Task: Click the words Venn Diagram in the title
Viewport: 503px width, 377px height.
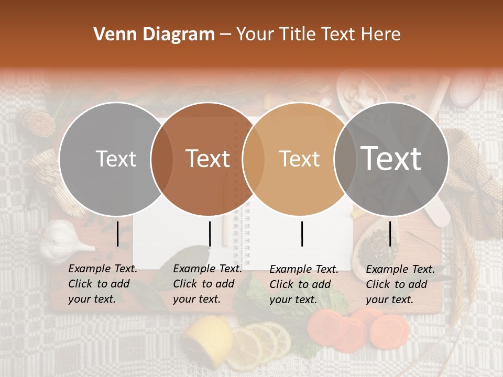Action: tap(154, 35)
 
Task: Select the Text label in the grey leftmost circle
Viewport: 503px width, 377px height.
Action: tap(116, 159)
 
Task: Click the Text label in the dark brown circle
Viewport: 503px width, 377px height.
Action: tap(208, 159)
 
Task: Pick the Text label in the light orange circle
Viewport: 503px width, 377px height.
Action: tap(299, 159)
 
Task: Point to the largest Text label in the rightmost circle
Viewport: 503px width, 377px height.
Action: tap(391, 158)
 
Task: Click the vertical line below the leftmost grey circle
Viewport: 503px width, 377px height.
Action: tap(118, 234)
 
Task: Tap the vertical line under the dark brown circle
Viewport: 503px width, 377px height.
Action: tap(210, 234)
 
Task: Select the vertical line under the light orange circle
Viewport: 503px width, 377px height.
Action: tap(302, 234)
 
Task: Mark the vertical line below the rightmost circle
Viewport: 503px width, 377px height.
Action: tap(390, 234)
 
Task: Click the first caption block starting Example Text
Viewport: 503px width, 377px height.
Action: tap(102, 284)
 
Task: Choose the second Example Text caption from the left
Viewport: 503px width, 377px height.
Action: tap(207, 284)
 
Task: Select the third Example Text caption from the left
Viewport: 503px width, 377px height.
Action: tap(303, 284)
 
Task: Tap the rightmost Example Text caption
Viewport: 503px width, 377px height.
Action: tap(400, 284)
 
